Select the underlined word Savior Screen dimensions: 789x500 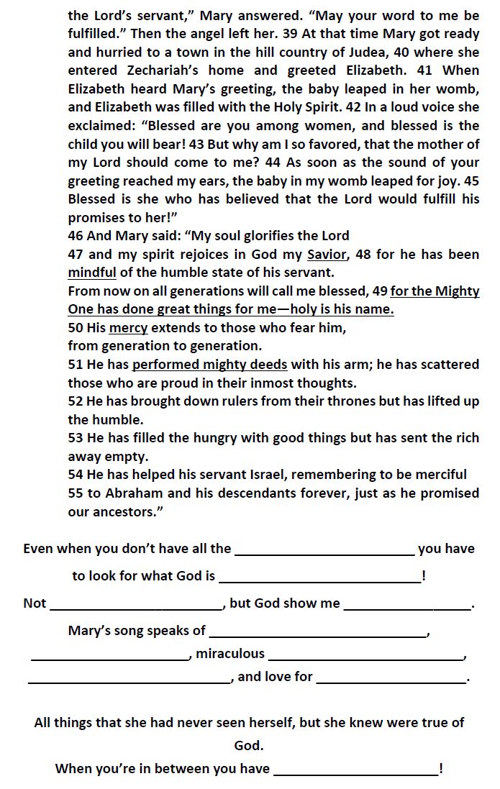coord(327,255)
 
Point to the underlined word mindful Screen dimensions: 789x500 coord(92,273)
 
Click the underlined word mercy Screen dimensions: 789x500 coord(128,328)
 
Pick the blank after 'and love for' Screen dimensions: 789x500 coord(391,678)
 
